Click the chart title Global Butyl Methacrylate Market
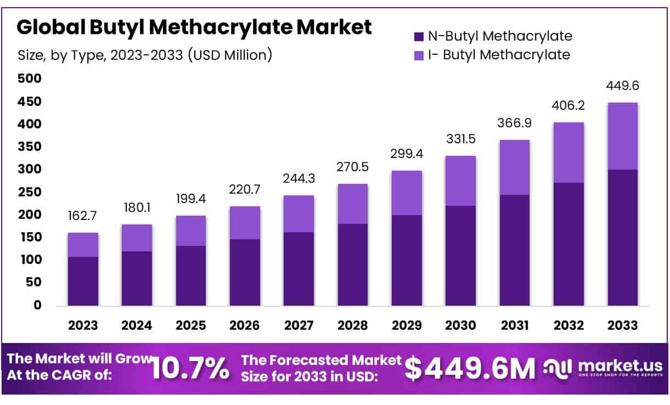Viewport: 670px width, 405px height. [194, 27]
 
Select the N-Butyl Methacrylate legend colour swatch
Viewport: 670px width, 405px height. [419, 37]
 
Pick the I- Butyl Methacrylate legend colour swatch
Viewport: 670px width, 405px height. [419, 55]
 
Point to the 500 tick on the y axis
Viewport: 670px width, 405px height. [31, 79]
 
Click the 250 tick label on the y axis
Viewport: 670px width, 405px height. [31, 192]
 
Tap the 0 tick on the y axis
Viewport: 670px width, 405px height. [38, 305]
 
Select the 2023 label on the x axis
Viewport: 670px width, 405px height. [83, 325]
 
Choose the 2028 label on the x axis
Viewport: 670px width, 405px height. [352, 325]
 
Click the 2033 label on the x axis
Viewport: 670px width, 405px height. [622, 325]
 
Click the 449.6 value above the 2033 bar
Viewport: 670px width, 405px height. [622, 86]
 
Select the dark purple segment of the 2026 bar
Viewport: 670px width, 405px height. [245, 272]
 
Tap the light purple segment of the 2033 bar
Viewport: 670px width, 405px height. [622, 136]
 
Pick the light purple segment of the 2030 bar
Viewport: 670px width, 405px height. [460, 181]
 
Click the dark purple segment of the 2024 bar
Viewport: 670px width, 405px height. [137, 278]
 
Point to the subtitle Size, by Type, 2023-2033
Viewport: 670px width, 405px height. [145, 55]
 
